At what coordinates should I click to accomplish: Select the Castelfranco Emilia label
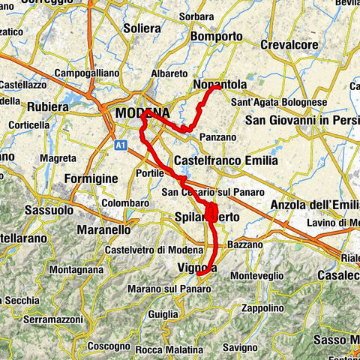pos(225,160)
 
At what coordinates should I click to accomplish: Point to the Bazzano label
pos(244,244)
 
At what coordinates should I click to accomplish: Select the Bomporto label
pos(217,36)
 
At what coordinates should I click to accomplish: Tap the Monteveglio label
pos(256,276)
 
